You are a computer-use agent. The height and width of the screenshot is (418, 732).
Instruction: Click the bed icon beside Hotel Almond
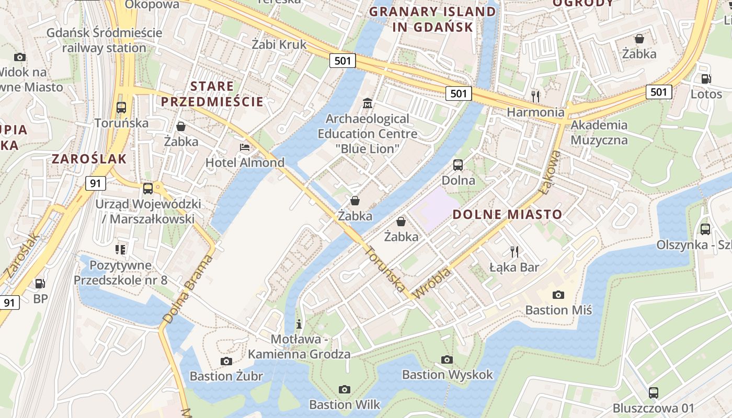point(244,147)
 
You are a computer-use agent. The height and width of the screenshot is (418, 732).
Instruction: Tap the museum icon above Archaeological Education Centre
point(368,103)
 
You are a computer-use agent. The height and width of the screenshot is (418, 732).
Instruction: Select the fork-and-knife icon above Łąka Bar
point(514,252)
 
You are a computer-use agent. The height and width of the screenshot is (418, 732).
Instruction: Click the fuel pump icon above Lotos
point(706,79)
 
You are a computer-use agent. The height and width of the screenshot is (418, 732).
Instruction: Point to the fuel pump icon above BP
point(40,284)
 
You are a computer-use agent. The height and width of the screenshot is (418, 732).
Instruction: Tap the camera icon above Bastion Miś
point(558,295)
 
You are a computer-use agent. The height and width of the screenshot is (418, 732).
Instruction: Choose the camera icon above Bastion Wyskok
point(447,359)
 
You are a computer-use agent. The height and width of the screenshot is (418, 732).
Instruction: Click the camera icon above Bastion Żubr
point(226,361)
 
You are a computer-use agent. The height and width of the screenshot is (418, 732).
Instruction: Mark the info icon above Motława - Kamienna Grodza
point(299,324)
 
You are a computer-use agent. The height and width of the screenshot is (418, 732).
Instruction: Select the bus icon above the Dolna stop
point(458,165)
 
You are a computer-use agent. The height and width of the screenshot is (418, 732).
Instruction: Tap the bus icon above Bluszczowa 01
point(653,392)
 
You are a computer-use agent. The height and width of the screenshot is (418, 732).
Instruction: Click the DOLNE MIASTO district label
point(507,214)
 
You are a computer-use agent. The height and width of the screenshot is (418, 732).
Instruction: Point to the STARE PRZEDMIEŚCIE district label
point(212,94)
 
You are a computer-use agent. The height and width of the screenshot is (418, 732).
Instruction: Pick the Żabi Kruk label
point(279,44)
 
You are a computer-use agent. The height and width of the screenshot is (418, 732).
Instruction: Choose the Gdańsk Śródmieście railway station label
point(104,40)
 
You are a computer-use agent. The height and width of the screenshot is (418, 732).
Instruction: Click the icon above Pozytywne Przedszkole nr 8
point(120,250)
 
